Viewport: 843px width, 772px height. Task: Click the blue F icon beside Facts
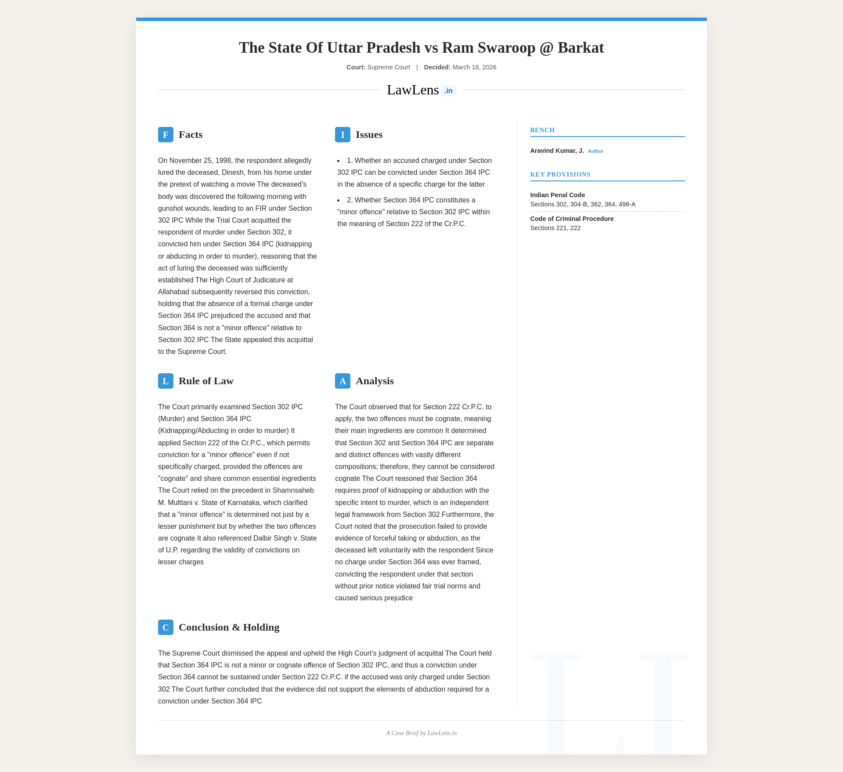click(x=166, y=135)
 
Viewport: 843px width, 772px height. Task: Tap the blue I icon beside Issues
click(x=342, y=135)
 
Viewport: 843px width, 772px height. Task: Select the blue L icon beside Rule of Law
click(x=166, y=381)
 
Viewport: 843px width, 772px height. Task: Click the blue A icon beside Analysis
click(x=342, y=381)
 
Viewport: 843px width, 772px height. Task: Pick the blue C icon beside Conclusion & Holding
click(x=166, y=628)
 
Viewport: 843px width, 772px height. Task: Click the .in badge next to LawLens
click(x=448, y=91)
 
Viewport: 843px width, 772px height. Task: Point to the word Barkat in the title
click(x=580, y=48)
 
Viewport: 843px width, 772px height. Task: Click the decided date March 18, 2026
click(x=474, y=68)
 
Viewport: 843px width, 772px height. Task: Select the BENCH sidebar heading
click(x=542, y=130)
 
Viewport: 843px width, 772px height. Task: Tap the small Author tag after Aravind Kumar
click(x=595, y=152)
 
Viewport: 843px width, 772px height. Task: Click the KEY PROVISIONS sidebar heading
click(x=560, y=175)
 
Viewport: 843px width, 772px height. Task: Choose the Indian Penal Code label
click(x=557, y=195)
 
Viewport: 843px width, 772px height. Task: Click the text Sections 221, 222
click(x=555, y=228)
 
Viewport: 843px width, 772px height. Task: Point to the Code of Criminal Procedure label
click(x=572, y=219)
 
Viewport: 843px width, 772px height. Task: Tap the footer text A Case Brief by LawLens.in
click(x=421, y=733)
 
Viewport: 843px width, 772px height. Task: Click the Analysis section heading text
click(x=375, y=381)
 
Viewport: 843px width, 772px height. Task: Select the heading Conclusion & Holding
click(x=229, y=628)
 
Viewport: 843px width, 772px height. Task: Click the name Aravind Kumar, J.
click(x=557, y=151)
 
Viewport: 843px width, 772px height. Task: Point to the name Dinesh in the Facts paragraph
click(x=232, y=173)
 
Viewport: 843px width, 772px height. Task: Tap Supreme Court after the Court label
click(x=389, y=68)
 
